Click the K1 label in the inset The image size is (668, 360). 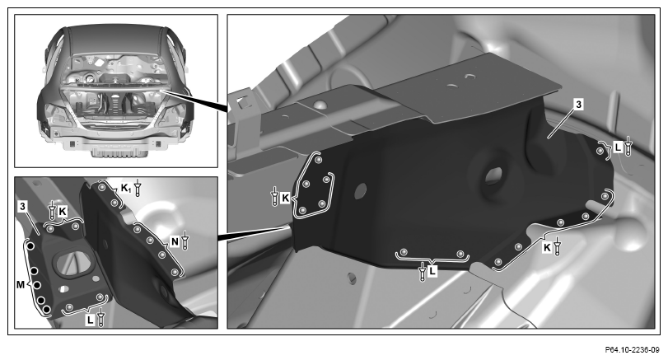[126, 188]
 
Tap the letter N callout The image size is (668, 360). [175, 241]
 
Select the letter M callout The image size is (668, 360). [21, 284]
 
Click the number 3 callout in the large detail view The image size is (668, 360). [577, 104]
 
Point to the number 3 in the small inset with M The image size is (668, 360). [22, 207]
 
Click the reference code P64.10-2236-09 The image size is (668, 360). [632, 350]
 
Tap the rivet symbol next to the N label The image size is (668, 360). [185, 241]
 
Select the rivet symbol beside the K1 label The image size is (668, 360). [138, 188]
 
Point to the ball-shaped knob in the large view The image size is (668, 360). [629, 234]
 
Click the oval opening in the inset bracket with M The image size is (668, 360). [73, 263]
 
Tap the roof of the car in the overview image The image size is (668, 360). [116, 40]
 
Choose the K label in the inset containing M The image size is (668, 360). [63, 211]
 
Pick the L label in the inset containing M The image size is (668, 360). [90, 320]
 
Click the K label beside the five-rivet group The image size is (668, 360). [286, 198]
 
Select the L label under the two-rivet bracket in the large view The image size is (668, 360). [432, 270]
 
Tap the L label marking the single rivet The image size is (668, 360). [618, 147]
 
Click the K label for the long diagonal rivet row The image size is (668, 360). [547, 247]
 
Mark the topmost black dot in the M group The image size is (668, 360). [30, 246]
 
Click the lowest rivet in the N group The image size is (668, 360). [175, 272]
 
